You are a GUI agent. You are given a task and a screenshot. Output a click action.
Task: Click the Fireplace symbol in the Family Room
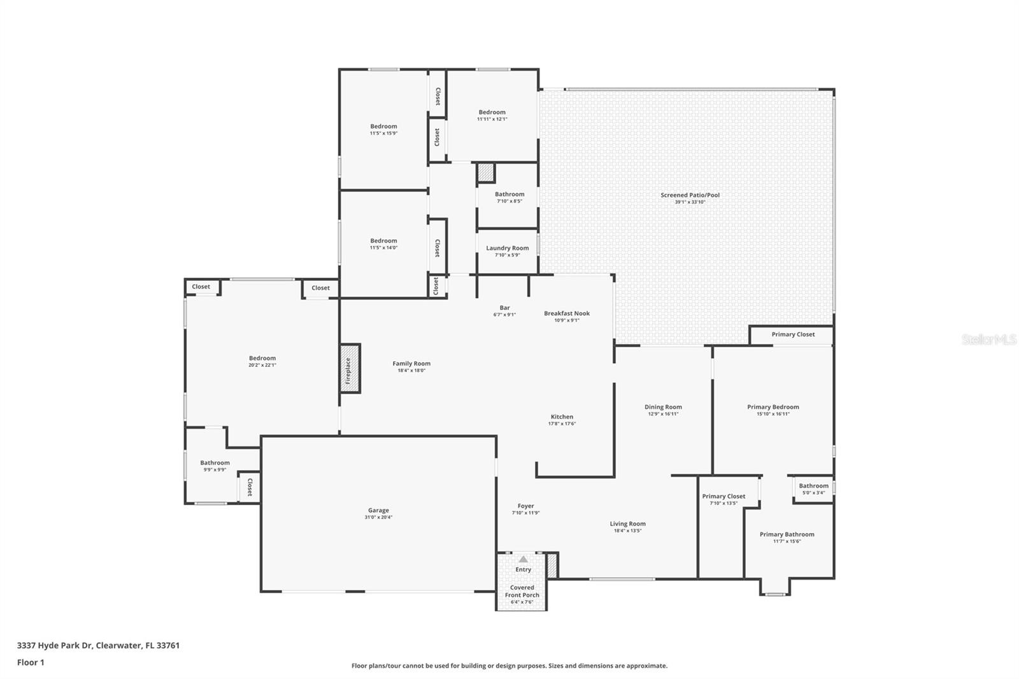350,368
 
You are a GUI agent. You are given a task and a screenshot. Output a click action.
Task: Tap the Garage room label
378,510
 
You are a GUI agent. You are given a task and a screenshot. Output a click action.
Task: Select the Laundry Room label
507,248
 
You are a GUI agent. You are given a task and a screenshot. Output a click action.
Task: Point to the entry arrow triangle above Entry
523,559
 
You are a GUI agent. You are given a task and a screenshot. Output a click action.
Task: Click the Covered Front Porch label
522,591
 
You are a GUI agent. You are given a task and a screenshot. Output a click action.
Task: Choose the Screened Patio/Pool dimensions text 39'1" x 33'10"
690,202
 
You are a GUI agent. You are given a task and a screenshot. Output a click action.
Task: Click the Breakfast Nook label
567,313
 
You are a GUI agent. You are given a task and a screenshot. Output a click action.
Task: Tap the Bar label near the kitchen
504,308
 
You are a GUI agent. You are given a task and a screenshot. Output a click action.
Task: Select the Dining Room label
663,407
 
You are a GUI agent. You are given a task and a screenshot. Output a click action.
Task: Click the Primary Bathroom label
787,534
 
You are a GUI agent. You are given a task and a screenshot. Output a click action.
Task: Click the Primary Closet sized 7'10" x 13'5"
723,496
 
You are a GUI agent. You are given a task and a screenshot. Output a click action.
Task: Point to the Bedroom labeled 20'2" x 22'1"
262,359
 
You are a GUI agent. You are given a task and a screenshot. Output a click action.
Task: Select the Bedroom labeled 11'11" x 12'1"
492,112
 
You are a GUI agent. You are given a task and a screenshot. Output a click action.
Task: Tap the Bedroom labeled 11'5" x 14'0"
383,241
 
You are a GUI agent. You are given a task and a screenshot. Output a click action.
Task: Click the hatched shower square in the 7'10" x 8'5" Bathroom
486,173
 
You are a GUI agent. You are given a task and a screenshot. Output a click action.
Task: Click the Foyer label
525,506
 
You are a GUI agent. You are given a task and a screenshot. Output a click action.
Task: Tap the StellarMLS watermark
988,339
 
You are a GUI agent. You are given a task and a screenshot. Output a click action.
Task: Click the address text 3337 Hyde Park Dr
56,645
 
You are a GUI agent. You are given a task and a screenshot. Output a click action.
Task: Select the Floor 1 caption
31,662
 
